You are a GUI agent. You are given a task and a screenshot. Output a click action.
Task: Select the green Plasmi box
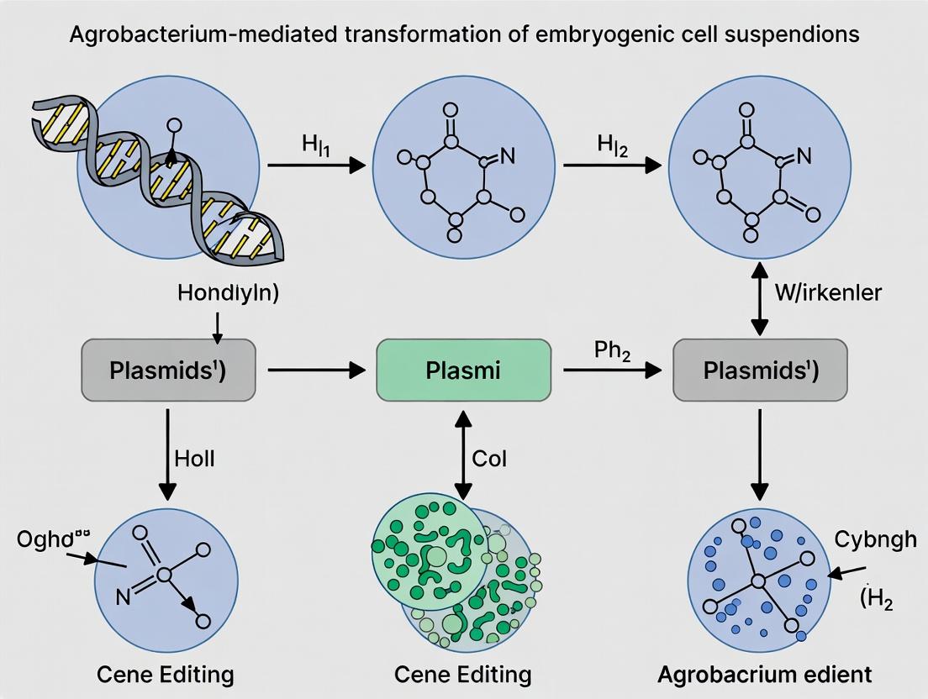[463, 370]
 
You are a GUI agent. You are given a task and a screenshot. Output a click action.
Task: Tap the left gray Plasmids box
[168, 370]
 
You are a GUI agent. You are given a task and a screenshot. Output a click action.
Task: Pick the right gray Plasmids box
[761, 370]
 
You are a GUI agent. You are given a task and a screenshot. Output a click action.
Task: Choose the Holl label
[194, 458]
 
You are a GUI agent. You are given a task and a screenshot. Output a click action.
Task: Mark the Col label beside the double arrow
[489, 460]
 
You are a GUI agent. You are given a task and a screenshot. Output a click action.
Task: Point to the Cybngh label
[875, 539]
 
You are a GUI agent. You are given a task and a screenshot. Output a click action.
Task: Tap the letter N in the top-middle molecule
[506, 155]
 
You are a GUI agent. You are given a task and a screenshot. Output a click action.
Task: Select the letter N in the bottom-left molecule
[124, 598]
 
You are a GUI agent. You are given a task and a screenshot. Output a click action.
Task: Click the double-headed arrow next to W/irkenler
[760, 299]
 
